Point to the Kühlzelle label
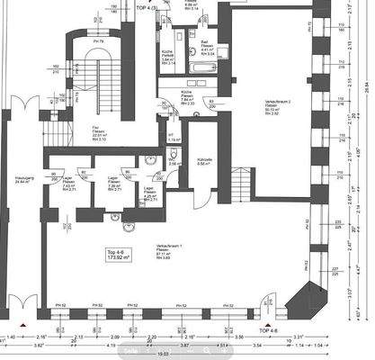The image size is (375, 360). point(204,161)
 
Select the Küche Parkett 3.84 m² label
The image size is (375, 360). point(168,56)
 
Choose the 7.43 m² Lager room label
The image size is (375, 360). point(68,184)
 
